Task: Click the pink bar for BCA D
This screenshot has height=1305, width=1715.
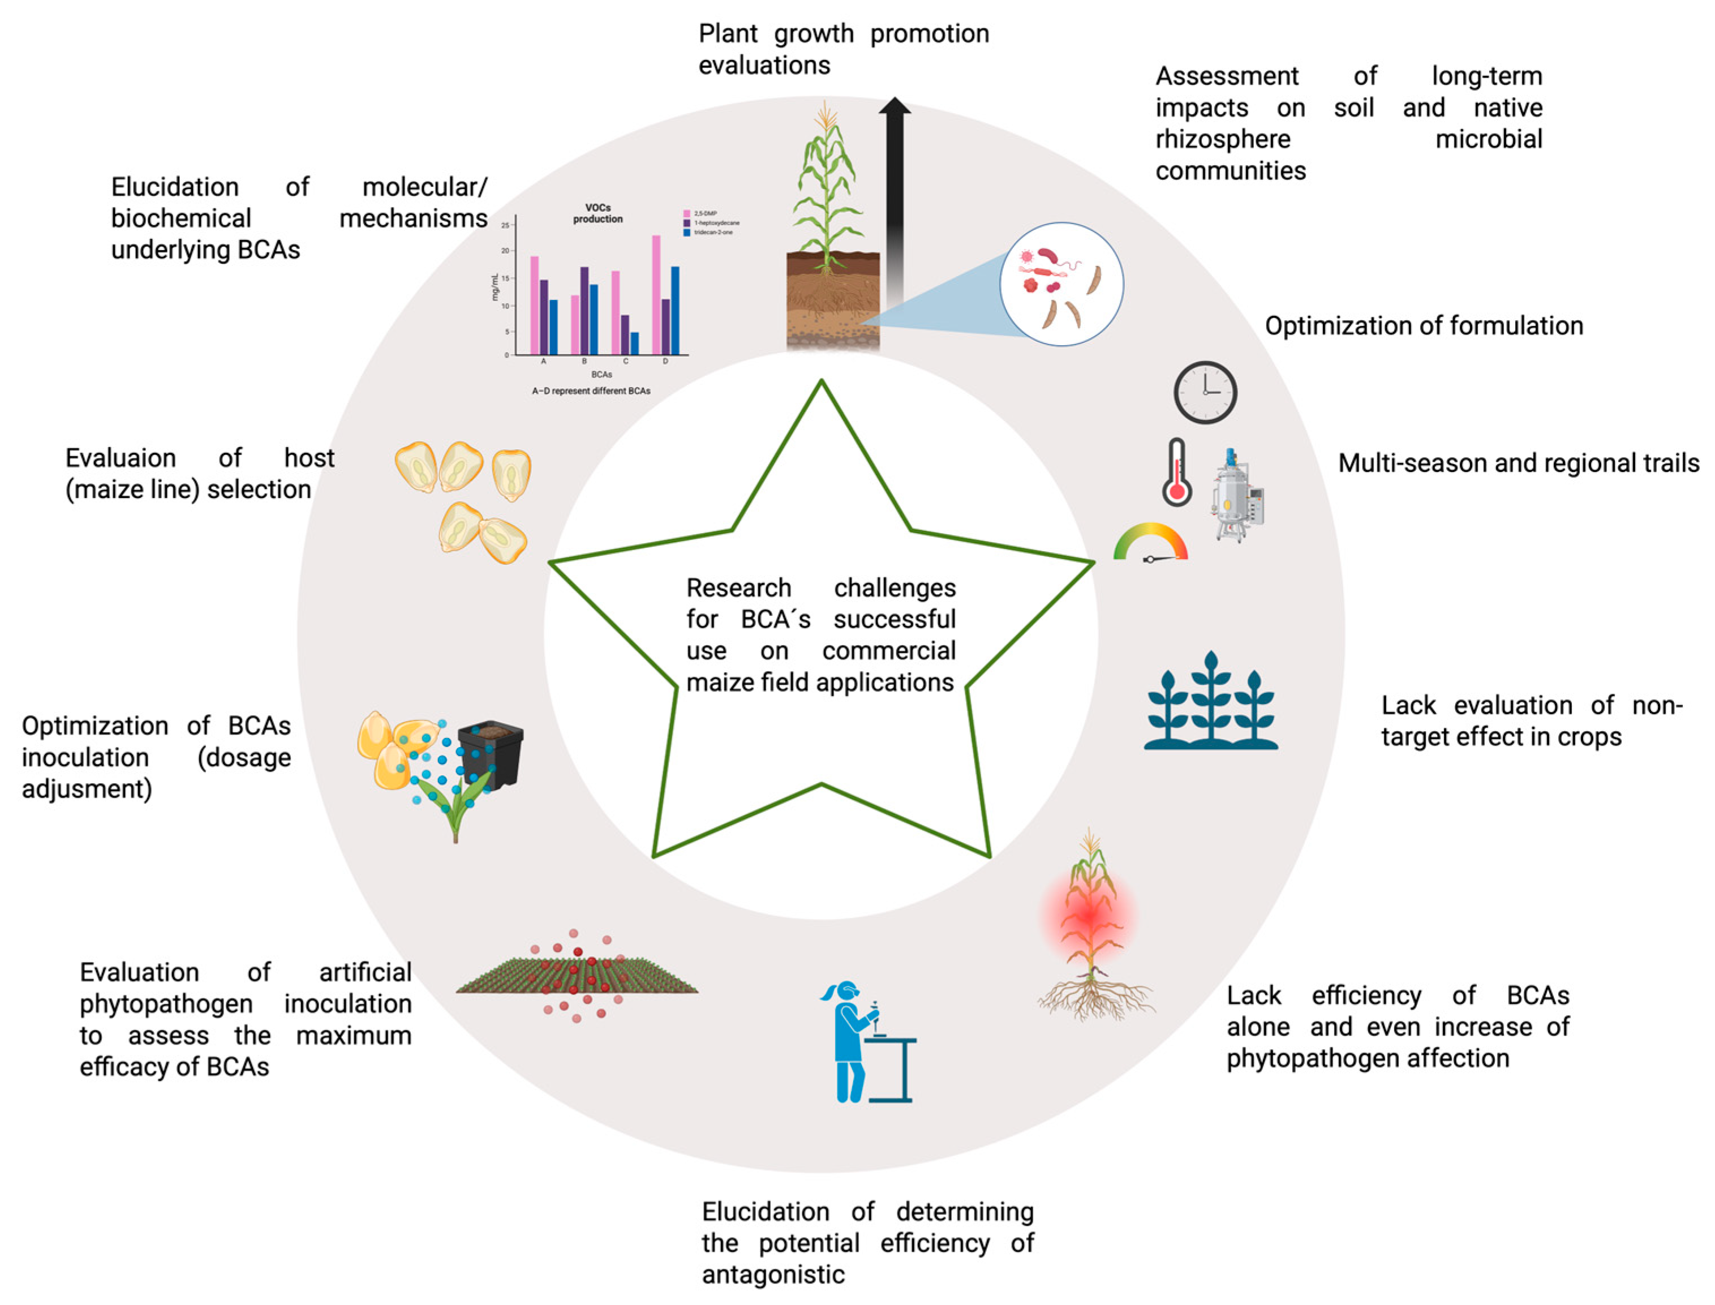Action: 656,295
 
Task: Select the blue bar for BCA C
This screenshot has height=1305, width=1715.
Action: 635,344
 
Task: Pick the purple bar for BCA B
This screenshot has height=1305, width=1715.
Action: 584,311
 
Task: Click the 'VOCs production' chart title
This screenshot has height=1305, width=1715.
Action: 598,213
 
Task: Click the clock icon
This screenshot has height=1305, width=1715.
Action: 1205,392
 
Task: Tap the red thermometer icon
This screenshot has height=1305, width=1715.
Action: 1177,473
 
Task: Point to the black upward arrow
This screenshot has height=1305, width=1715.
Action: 895,202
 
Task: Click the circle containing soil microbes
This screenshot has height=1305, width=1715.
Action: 1061,284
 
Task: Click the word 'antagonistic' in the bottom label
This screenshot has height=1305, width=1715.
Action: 773,1274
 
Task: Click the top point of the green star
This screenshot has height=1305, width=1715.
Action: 821,381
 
